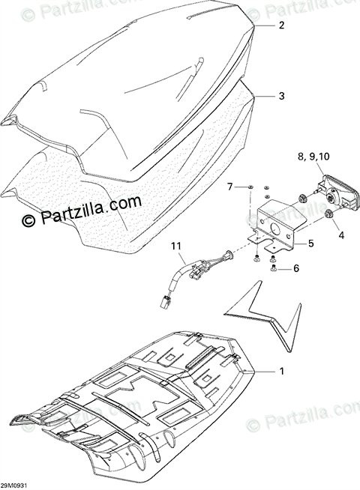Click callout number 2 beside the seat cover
(281, 25)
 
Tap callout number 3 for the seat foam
(281, 96)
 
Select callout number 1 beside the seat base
(281, 372)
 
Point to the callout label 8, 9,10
(313, 157)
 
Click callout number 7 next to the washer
(230, 187)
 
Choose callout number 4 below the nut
(341, 235)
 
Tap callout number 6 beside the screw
(296, 268)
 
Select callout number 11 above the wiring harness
(176, 246)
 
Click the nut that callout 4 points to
(328, 214)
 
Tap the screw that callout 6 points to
(272, 267)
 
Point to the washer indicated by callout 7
(250, 187)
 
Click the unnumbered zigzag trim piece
(265, 315)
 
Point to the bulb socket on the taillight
(330, 197)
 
